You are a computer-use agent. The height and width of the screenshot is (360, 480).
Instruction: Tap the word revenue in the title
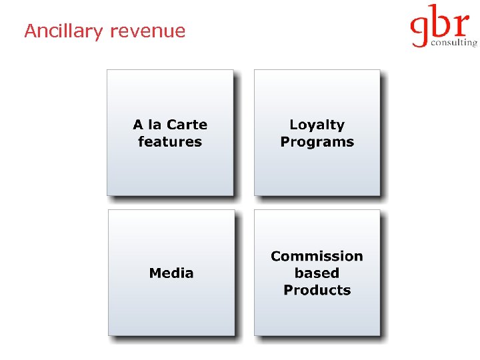(x=148, y=31)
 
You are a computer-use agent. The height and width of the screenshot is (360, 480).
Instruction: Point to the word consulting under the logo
(x=454, y=43)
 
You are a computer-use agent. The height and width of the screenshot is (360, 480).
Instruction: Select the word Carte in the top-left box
(x=187, y=125)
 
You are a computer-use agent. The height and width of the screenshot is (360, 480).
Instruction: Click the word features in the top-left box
(x=170, y=141)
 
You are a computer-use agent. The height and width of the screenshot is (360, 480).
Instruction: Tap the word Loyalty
(x=317, y=125)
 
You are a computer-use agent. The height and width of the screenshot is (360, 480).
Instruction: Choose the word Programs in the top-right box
(x=317, y=141)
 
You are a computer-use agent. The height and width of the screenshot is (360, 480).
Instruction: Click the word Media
(x=171, y=273)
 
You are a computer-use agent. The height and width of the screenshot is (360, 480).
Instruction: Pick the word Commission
(x=317, y=256)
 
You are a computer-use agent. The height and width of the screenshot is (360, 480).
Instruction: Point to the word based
(x=317, y=273)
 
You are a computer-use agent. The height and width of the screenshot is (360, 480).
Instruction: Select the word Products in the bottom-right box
(x=317, y=290)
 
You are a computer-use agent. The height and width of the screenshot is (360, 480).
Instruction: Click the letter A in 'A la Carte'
(x=138, y=125)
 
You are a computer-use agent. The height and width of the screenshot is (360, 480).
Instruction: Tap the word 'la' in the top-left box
(x=155, y=125)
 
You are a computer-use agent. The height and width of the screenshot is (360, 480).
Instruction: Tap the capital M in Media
(x=155, y=273)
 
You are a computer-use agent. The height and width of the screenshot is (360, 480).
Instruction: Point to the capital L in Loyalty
(x=293, y=125)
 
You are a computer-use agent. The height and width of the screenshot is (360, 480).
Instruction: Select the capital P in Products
(x=288, y=290)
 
